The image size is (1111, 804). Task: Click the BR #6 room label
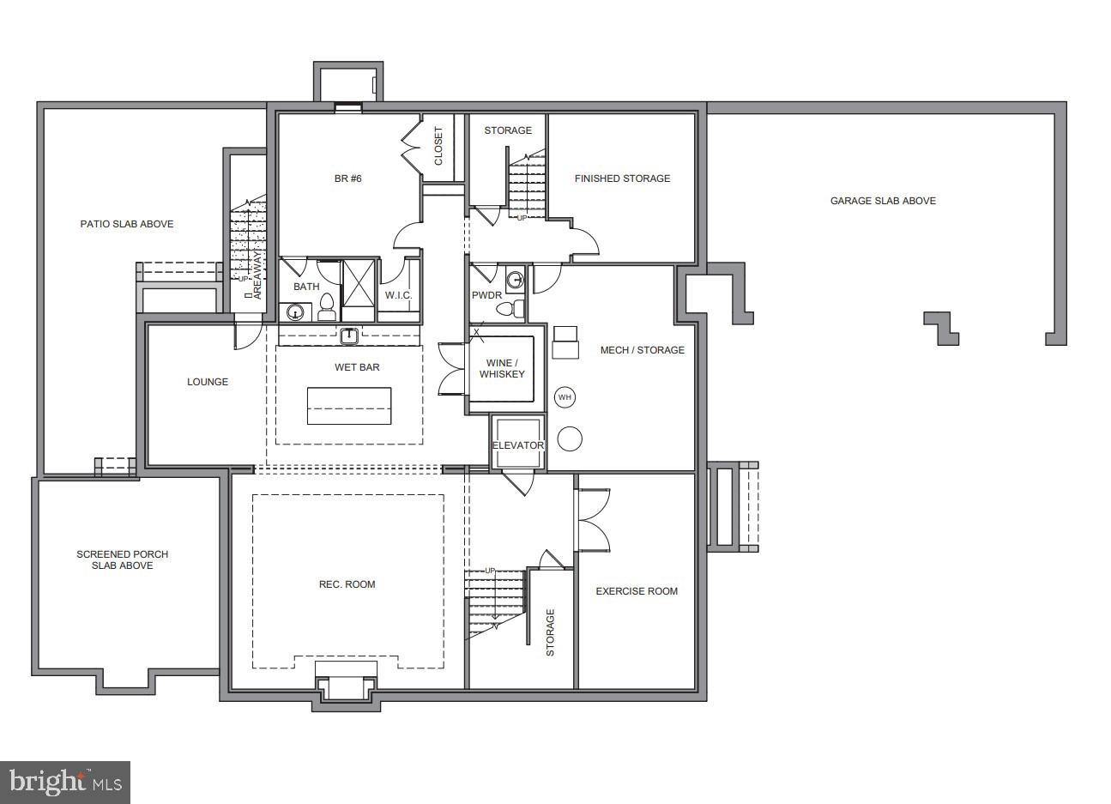[347, 178]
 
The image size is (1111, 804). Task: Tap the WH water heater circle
[565, 397]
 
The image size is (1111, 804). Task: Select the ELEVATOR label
[517, 445]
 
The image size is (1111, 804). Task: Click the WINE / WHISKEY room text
[502, 368]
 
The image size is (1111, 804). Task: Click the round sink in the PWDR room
[515, 279]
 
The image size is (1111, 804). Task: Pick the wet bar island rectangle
[349, 406]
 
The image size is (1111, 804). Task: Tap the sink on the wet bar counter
[349, 336]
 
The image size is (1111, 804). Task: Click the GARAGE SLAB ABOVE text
[883, 201]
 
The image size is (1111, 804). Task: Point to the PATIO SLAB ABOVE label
[127, 224]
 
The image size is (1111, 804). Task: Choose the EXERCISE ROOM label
[637, 591]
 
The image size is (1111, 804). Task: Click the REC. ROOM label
[347, 584]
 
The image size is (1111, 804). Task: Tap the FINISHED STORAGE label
[622, 178]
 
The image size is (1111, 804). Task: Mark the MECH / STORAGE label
[642, 350]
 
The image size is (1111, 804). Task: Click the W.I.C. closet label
[398, 295]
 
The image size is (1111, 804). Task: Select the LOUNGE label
[208, 382]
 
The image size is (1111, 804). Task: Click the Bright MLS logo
[65, 783]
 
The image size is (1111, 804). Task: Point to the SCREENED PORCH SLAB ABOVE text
[123, 559]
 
